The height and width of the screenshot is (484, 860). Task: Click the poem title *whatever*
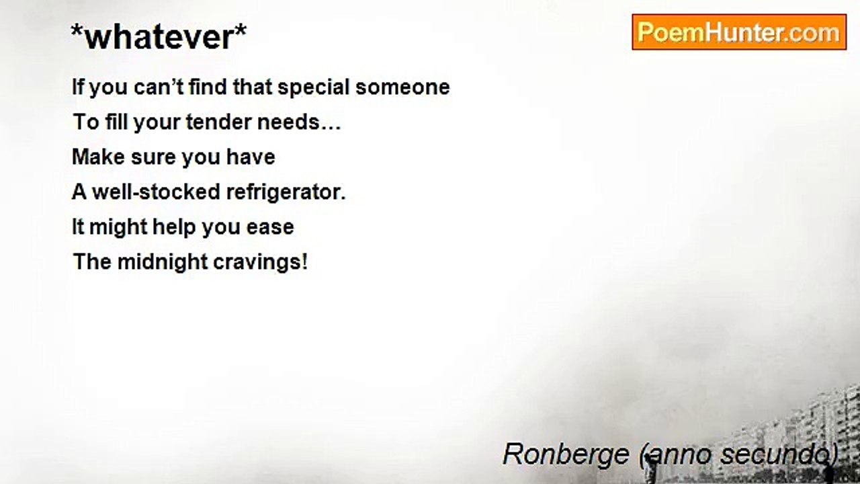pos(159,37)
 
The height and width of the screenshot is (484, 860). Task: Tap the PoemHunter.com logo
pos(738,32)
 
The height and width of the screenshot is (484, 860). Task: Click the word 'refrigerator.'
pos(286,193)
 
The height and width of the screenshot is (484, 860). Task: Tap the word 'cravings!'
pos(260,261)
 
